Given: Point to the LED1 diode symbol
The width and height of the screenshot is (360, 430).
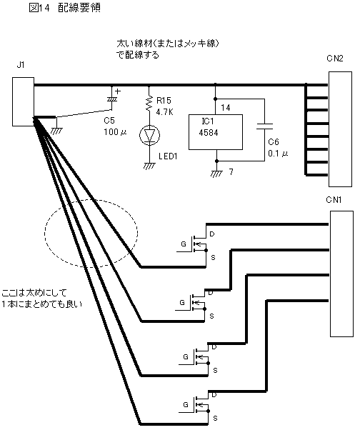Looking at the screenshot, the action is (149, 135).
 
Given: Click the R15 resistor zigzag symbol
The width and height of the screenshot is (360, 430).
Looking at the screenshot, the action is (149, 104).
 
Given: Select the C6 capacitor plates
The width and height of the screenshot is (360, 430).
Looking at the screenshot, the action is (264, 126).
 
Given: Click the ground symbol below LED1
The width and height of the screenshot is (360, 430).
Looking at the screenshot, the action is (149, 166).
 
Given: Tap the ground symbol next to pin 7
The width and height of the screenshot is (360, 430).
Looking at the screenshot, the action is (216, 174).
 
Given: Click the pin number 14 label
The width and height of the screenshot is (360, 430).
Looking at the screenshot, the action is (226, 107).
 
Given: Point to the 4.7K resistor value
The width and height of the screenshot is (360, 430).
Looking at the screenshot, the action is (164, 112).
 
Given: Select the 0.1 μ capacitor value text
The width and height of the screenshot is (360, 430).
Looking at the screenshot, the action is (278, 154).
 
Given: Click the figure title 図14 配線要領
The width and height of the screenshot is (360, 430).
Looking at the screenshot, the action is (64, 8).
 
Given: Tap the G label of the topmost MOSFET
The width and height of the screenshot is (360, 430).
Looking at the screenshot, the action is (183, 244).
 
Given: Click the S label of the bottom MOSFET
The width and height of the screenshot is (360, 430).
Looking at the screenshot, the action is (215, 418).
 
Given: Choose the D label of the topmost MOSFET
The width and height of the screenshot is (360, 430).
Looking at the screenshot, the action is (211, 234).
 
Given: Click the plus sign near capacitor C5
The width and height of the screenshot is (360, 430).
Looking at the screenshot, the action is (118, 91).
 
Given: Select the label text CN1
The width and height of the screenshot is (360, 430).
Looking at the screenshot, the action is (334, 200).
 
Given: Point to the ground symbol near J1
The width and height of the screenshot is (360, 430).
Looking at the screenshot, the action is (56, 131).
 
